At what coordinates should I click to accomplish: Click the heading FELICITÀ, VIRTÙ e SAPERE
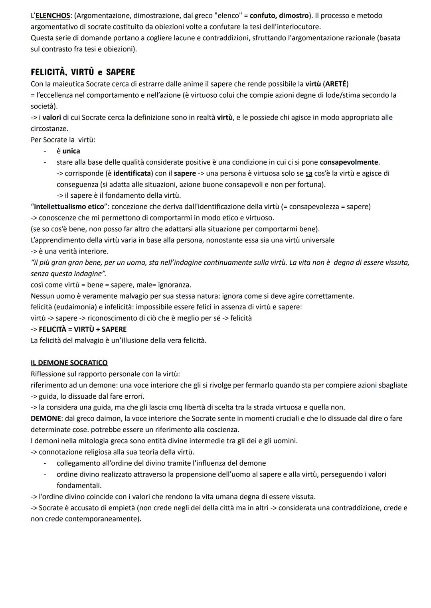tap(83, 72)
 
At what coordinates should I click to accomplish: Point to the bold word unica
tap(71, 151)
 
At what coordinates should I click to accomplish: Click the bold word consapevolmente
tap(349, 162)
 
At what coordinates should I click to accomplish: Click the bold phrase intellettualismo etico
tap(69, 207)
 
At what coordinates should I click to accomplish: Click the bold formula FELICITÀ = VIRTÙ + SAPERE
tap(83, 329)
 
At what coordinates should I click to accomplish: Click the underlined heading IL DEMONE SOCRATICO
tap(69, 363)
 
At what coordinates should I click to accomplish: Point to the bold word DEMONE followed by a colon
tap(44, 419)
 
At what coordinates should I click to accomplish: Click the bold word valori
tap(51, 118)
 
